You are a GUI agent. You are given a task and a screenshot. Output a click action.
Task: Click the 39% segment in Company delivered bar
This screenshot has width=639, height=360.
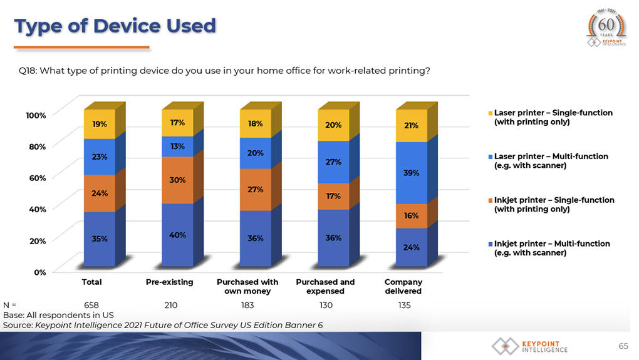[x=412, y=173]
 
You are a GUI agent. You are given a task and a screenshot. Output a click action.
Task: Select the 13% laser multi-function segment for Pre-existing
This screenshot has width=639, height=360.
[x=177, y=147]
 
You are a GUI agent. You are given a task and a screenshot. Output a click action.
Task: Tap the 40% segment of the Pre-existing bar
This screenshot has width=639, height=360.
[x=177, y=235]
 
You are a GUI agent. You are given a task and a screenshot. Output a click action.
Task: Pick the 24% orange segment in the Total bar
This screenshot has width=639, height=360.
[x=100, y=193]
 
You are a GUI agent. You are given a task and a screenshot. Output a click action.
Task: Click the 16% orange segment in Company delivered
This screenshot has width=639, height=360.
[x=412, y=216]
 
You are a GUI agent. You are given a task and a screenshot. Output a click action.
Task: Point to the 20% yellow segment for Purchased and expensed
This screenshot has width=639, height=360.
[x=333, y=125]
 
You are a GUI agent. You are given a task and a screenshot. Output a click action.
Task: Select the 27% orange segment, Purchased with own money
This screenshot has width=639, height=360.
[x=256, y=190]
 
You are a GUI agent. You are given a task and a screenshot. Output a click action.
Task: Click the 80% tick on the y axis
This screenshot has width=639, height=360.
[x=38, y=147]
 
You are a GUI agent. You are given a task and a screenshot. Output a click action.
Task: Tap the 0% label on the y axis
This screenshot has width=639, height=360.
[x=40, y=272]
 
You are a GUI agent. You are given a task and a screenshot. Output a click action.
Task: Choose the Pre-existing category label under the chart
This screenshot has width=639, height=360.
[x=170, y=282]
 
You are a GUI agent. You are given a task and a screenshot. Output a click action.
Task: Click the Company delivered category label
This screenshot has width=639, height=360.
[x=403, y=286]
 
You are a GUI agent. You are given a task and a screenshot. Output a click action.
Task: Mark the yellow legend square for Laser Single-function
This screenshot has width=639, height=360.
[x=491, y=113]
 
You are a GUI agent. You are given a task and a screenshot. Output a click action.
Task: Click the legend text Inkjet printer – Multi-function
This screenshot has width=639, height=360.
[x=552, y=244]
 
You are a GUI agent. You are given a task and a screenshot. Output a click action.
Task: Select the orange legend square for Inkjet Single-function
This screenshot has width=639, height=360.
[x=491, y=200]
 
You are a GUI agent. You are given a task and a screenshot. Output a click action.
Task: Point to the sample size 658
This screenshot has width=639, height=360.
[x=91, y=305]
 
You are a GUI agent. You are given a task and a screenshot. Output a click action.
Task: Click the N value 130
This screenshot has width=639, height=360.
[x=326, y=305]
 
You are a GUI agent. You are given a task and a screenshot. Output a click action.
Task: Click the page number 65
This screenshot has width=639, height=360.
[x=623, y=346]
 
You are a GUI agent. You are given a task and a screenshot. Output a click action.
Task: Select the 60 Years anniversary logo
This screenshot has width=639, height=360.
[x=606, y=28]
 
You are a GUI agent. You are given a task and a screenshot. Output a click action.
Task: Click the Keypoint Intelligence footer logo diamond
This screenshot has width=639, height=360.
[x=506, y=346]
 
